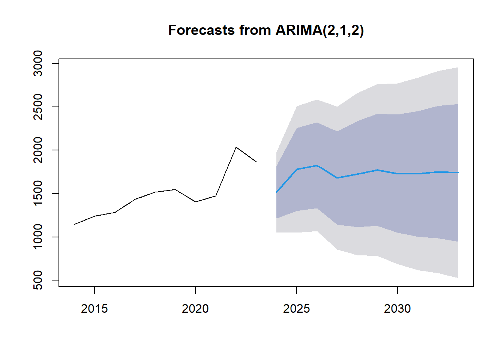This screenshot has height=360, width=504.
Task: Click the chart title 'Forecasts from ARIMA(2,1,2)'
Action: click(266, 30)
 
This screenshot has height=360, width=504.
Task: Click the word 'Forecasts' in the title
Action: click(201, 30)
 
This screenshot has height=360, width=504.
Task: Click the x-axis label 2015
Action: click(94, 309)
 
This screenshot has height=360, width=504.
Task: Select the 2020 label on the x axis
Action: click(195, 309)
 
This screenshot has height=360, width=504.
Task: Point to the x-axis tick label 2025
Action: click(297, 309)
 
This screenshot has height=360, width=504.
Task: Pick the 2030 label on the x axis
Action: click(397, 309)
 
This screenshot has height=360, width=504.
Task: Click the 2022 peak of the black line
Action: click(236, 147)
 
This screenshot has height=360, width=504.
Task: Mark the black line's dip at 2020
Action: click(195, 202)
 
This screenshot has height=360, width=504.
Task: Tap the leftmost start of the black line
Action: click(75, 224)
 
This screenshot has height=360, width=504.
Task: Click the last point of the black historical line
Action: click(256, 162)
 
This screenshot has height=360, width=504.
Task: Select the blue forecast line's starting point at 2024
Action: click(276, 192)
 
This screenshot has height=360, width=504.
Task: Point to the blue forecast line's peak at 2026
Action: click(317, 166)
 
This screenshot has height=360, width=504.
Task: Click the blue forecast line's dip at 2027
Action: click(337, 178)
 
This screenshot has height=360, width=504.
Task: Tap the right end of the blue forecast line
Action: click(458, 172)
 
